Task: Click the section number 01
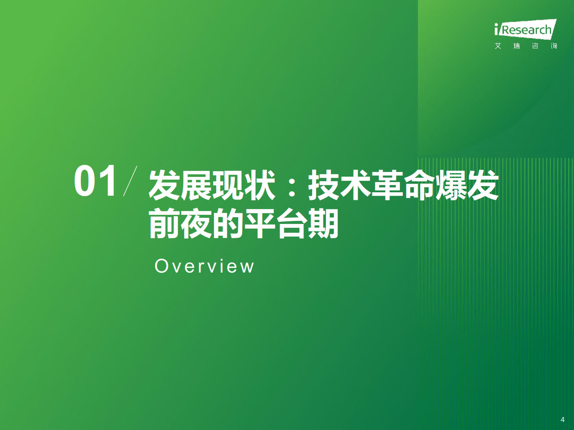pos(95,181)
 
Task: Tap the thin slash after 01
pos(130,181)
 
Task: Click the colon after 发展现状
pos(291,186)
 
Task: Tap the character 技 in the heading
pos(324,185)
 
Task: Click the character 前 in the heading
pos(164,224)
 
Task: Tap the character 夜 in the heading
pos(196,224)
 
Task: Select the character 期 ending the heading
pos(323,224)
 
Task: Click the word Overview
pos(204,266)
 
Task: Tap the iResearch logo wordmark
pos(525,29)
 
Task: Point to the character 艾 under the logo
pos(498,46)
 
